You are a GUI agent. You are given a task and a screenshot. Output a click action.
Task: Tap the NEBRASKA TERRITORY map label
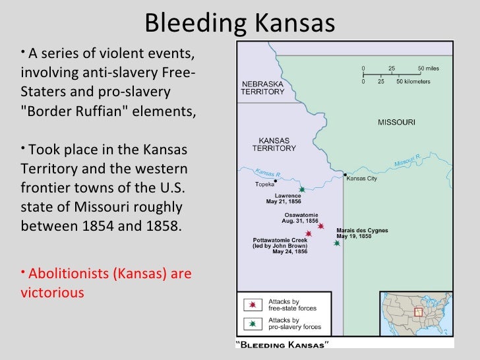pyautogui.click(x=262, y=88)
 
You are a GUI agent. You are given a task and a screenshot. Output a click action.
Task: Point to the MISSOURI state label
pyautogui.click(x=396, y=123)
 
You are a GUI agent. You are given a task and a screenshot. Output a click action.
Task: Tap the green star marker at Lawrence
pyautogui.click(x=301, y=190)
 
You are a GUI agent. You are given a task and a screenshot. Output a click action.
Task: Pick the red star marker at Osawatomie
pyautogui.click(x=320, y=226)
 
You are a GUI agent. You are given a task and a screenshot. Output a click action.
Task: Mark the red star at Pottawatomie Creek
pyautogui.click(x=308, y=234)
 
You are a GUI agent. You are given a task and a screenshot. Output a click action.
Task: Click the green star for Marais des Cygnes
pyautogui.click(x=337, y=243)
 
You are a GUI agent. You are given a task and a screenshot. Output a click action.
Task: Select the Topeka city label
pyautogui.click(x=266, y=185)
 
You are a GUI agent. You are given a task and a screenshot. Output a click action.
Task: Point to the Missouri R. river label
pyautogui.click(x=407, y=161)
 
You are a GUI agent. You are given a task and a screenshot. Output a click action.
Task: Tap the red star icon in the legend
pyautogui.click(x=252, y=305)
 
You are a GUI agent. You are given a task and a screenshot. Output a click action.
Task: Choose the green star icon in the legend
pyautogui.click(x=252, y=323)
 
